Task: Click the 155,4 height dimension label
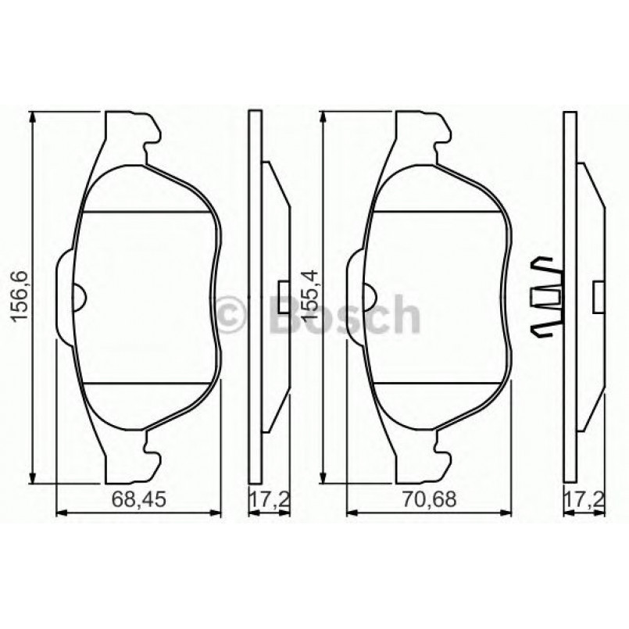tap(310, 296)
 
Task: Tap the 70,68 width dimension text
tap(428, 498)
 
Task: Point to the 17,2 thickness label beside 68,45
tap(268, 498)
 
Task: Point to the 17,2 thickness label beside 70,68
tap(581, 498)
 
